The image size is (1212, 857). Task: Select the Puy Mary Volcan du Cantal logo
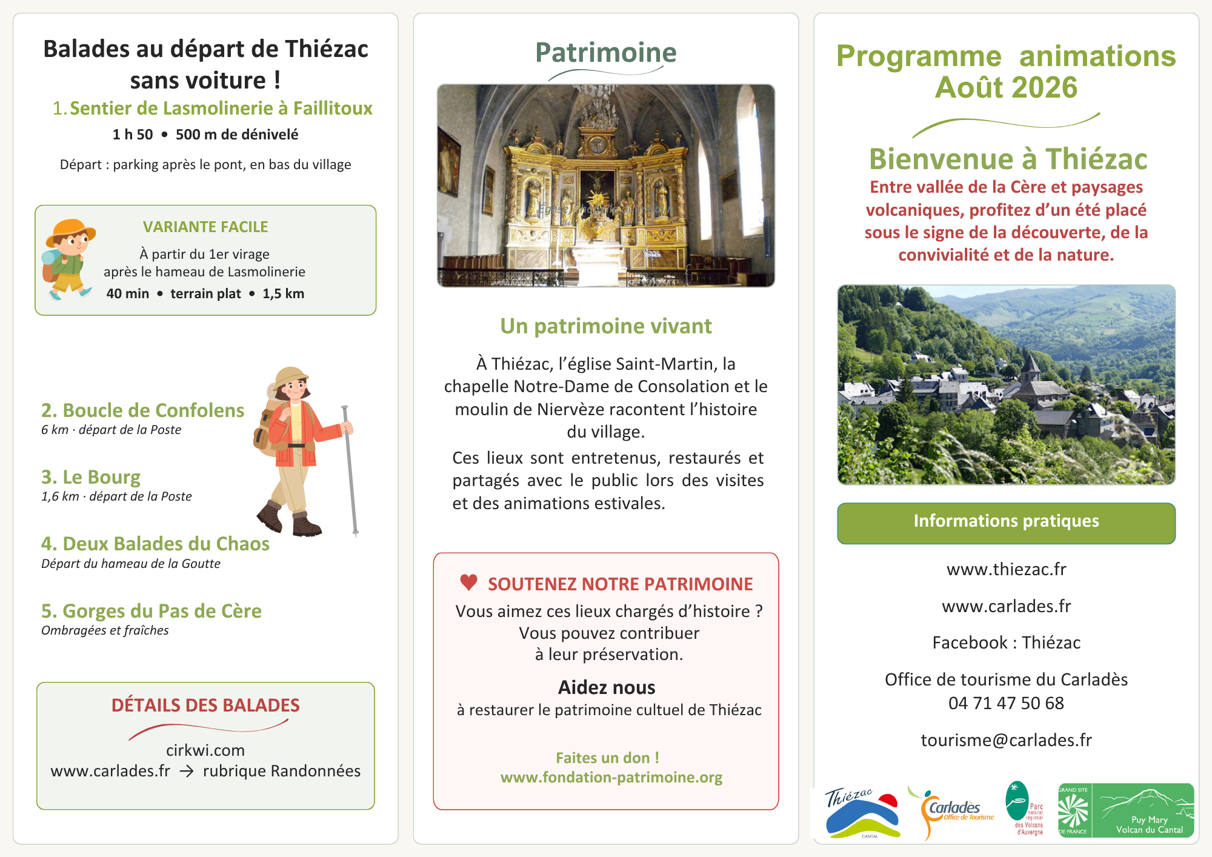[x=1126, y=810]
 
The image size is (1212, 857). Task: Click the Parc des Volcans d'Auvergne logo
[x=1025, y=809]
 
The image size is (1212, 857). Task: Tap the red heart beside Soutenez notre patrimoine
[x=468, y=582]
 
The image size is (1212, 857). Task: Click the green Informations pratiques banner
[x=1006, y=523]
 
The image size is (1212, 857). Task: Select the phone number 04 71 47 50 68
[x=1006, y=703]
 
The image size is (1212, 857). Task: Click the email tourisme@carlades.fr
[x=1006, y=740]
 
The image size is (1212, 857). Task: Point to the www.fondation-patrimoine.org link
[x=611, y=778]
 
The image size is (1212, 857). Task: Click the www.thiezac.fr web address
[x=1006, y=569]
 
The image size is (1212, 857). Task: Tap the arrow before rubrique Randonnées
[x=187, y=772]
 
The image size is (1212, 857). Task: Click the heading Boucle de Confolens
[x=142, y=410]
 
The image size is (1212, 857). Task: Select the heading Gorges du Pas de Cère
[x=151, y=611]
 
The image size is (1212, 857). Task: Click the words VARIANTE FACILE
[x=205, y=227]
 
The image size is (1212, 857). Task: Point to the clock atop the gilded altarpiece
[x=598, y=145]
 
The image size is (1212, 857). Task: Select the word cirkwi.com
[x=205, y=750]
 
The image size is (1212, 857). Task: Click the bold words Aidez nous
[x=607, y=687]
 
